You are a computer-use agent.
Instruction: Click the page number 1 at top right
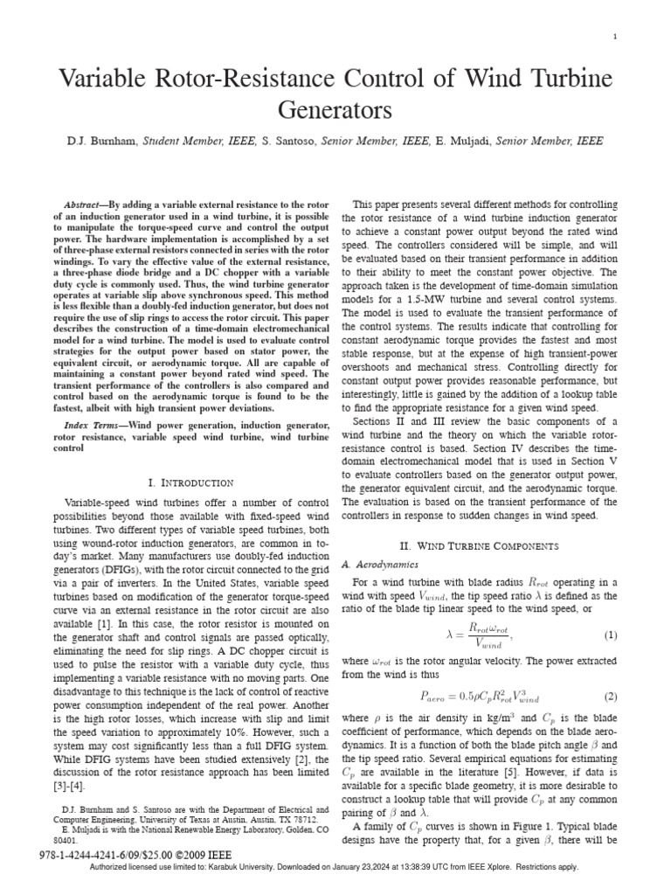click(x=615, y=36)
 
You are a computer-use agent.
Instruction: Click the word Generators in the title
click(x=335, y=110)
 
